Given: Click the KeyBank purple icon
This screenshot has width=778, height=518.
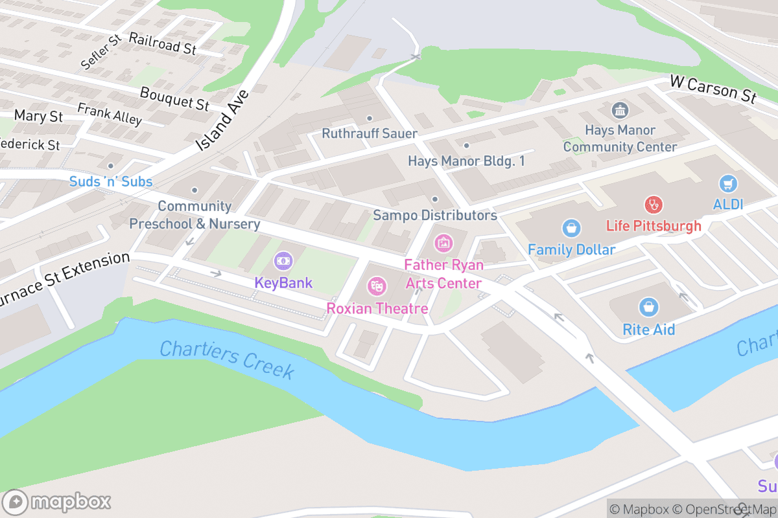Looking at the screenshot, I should coord(283,261).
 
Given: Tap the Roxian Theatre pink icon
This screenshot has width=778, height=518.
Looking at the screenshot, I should coord(377,286).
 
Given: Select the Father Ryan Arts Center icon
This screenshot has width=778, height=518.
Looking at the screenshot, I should coord(444,243).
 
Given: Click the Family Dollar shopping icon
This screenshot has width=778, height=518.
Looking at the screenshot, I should coord(571,227).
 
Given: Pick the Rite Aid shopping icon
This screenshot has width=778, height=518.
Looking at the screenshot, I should coord(648,308).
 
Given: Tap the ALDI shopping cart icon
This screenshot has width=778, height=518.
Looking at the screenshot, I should coord(728,183).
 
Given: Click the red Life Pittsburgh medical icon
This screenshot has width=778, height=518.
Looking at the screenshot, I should coord(654,205).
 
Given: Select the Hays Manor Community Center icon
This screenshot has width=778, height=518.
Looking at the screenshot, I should coord(620,109).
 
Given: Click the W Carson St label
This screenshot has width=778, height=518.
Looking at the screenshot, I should coord(713,89).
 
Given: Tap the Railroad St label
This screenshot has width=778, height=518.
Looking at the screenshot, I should coord(162,43).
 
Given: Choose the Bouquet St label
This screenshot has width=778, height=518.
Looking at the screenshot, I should coord(174,98).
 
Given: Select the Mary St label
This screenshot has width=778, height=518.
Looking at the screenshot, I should coord(38,116).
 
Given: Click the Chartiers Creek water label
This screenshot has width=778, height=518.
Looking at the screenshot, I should coord(227,360).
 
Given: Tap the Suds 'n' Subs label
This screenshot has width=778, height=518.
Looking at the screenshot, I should coord(111,181).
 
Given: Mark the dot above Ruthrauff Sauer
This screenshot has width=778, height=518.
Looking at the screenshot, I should coord(370,118).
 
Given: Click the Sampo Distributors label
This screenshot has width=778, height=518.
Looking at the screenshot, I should coord(434,215).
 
